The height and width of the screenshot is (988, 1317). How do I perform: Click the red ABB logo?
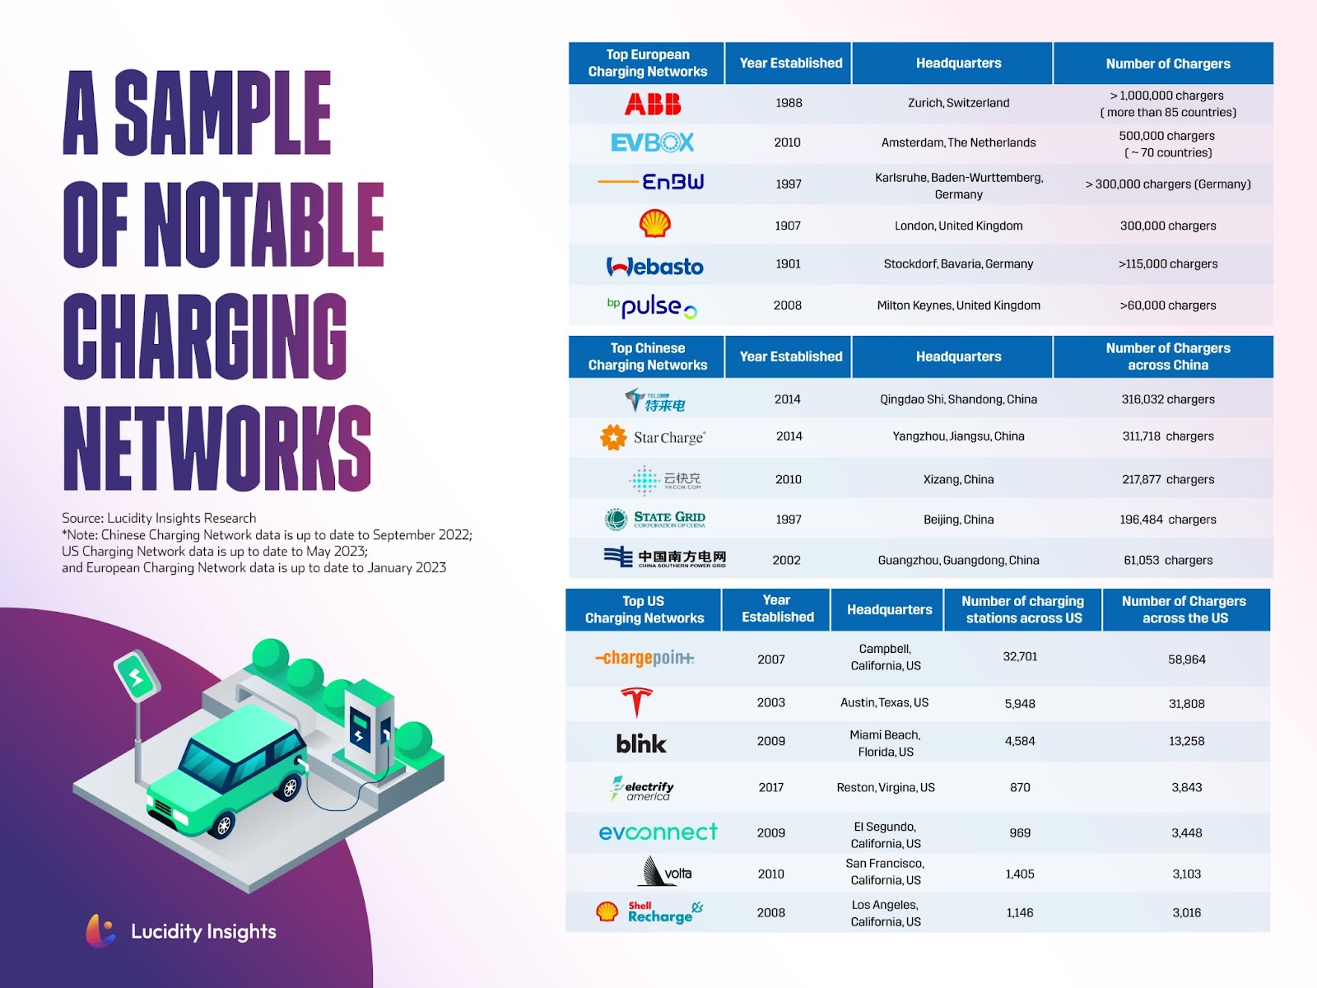pos(652,104)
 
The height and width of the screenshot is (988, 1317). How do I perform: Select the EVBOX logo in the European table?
pos(652,142)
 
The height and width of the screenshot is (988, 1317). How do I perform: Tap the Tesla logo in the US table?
pos(636,702)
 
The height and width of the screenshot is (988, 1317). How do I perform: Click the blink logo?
pos(640,743)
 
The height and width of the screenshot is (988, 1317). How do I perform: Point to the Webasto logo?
pos(654,266)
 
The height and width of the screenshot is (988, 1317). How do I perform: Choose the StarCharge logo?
pos(652,437)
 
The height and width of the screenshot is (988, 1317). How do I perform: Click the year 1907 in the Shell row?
pos(787,226)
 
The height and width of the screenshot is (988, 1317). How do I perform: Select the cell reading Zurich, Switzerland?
pos(958,103)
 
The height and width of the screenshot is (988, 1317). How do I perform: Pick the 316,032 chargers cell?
pos(1167,399)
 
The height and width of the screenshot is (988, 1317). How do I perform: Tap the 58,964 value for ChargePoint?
pos(1186,659)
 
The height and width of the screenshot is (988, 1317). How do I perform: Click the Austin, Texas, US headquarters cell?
pos(884,702)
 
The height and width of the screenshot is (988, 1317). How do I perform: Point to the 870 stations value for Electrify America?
pos(1020,787)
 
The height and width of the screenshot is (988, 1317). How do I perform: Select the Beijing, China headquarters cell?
pos(958,520)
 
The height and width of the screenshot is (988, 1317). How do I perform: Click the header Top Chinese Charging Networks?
pos(648,357)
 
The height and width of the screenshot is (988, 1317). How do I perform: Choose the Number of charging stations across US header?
pos(1024,609)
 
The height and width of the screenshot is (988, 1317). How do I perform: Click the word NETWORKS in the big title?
pos(217,449)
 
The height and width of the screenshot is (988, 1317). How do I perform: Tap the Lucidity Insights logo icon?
pos(100,930)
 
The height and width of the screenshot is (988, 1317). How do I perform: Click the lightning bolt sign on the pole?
pos(137,675)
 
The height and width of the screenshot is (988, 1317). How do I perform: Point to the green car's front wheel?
pos(224,826)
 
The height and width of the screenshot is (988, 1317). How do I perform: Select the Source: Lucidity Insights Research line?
pos(159,518)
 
